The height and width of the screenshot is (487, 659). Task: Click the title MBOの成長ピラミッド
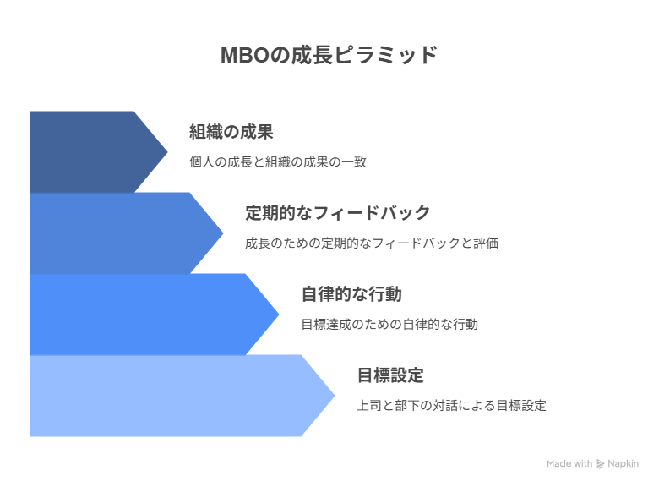(329, 55)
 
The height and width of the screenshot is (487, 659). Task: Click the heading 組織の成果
(231, 132)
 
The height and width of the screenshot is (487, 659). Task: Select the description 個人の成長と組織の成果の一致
(278, 162)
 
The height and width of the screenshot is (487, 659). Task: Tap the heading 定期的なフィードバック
(338, 213)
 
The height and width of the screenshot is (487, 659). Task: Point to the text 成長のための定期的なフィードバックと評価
(372, 243)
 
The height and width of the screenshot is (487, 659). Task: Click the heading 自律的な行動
(351, 294)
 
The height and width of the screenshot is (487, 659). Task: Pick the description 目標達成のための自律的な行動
(389, 325)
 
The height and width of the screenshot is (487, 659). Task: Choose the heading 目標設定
(390, 375)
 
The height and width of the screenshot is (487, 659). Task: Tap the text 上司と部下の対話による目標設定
(452, 406)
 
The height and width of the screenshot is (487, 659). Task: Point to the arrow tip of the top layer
(167, 152)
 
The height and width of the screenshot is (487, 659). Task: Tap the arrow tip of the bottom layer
(335, 396)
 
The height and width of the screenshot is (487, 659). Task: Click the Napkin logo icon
(600, 464)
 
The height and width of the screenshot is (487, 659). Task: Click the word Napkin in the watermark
(624, 463)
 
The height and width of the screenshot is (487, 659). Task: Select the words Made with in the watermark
(569, 463)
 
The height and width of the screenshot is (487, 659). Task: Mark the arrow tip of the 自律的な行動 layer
(279, 315)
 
